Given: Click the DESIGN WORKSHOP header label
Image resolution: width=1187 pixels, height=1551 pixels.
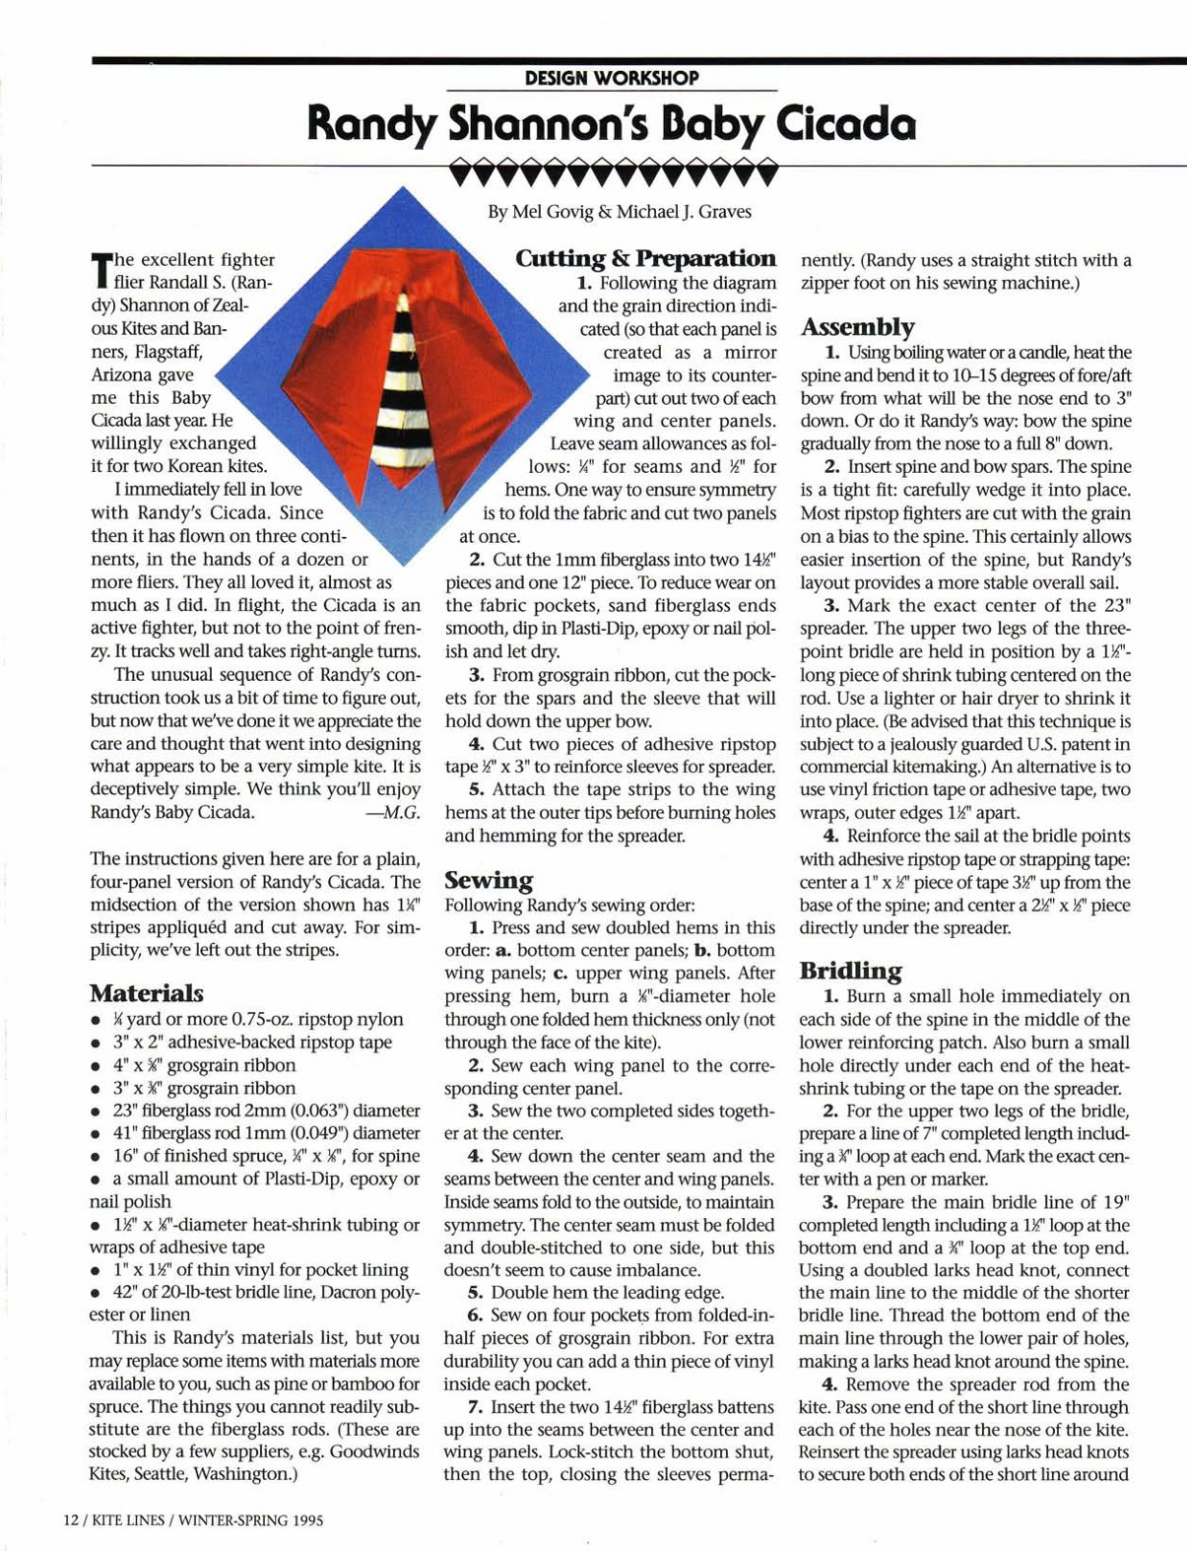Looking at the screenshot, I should [612, 78].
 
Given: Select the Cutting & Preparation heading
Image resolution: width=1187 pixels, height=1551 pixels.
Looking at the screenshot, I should [645, 258].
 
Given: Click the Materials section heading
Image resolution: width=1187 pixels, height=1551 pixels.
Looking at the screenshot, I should [146, 992].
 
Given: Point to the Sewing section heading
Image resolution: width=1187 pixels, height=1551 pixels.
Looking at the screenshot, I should [489, 880].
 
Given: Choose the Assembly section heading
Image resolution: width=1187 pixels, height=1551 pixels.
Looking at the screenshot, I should [857, 326].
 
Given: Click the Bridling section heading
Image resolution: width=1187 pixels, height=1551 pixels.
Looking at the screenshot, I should [850, 971].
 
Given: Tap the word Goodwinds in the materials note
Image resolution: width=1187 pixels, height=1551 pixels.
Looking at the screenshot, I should [373, 1451].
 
